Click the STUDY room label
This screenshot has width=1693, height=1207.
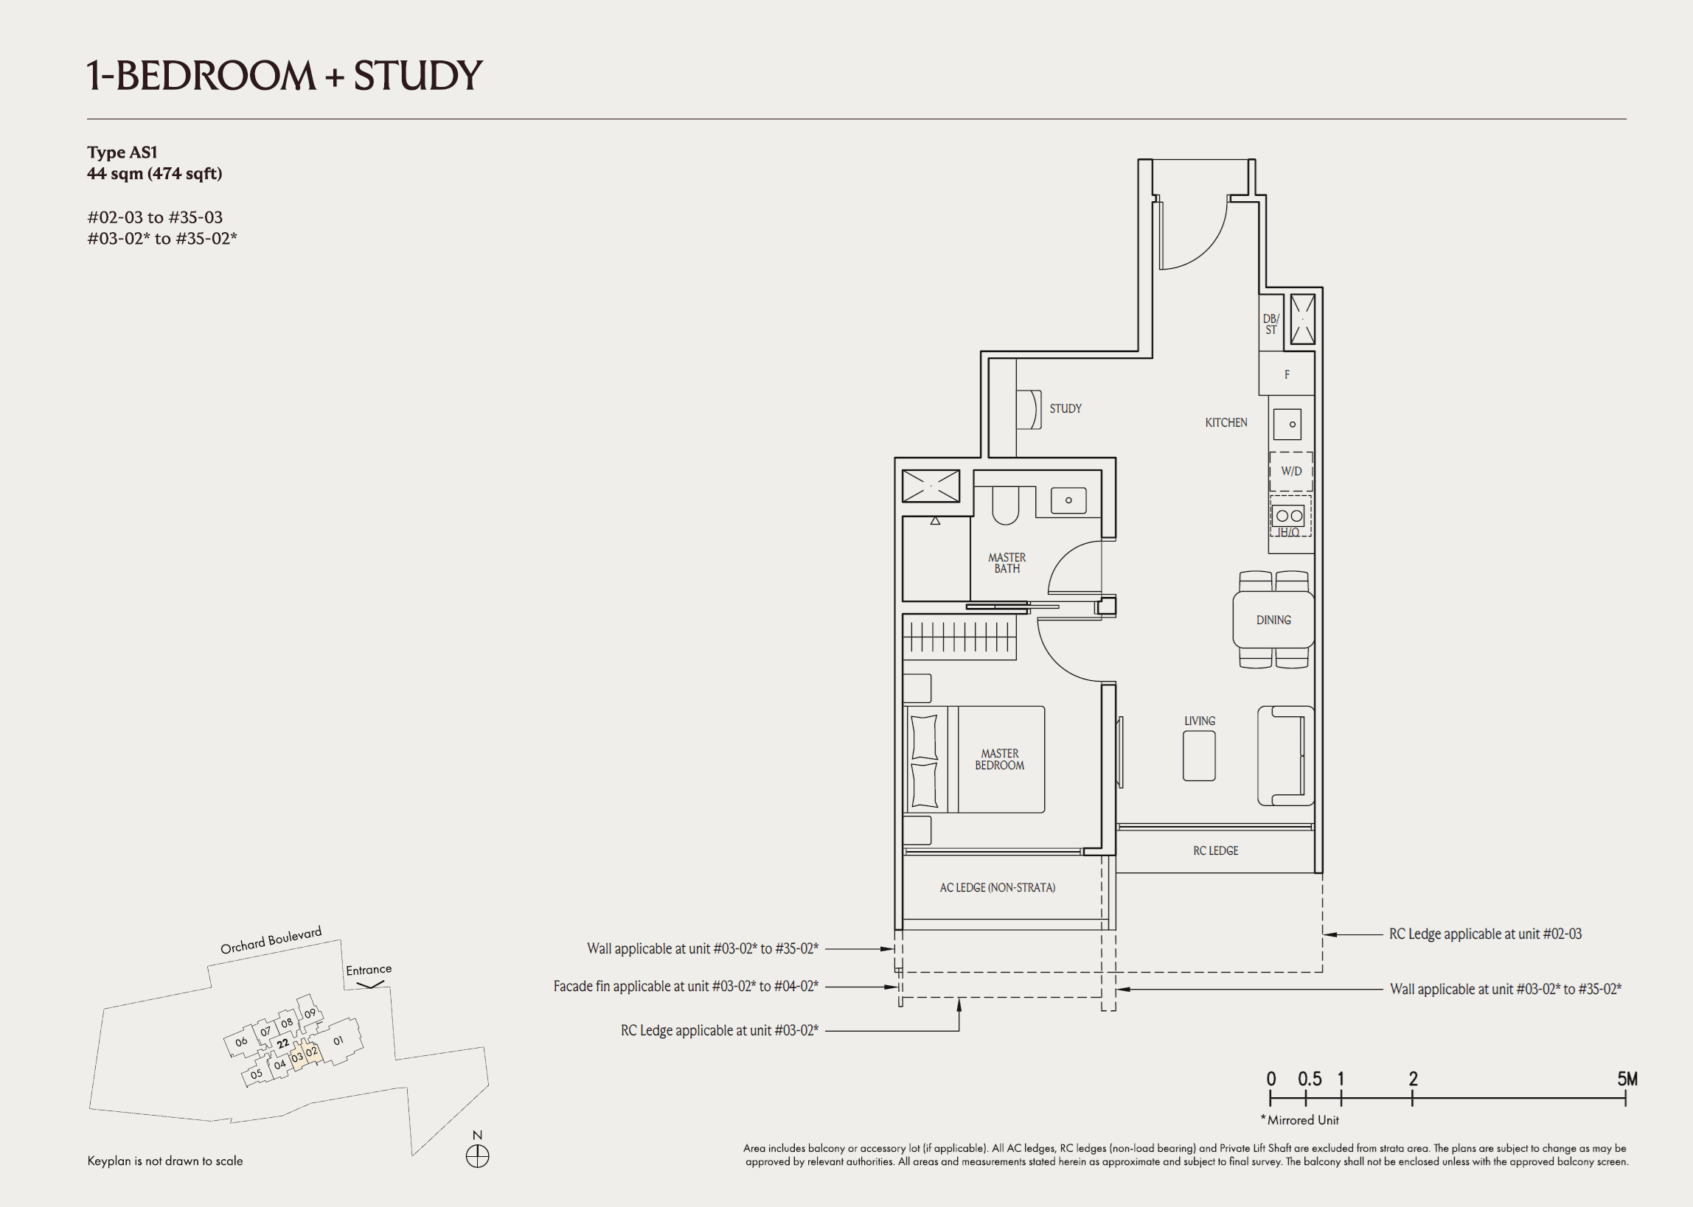1065,409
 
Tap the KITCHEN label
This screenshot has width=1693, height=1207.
1226,422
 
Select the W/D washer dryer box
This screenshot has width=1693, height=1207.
1290,471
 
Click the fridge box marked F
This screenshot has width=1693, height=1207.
1286,374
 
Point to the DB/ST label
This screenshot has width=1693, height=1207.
1270,324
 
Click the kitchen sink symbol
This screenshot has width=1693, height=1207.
1287,424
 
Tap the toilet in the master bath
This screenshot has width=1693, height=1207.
1004,505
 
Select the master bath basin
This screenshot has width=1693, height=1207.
1068,500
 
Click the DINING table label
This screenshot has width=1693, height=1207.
1273,620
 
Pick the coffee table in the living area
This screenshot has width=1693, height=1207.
1198,756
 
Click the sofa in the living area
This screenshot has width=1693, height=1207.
1284,756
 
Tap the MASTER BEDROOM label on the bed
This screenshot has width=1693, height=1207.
999,759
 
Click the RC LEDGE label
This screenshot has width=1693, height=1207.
1215,850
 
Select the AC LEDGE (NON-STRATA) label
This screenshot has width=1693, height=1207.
996,887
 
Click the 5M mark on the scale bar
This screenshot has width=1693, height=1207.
1626,1080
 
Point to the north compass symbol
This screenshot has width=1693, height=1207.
477,1156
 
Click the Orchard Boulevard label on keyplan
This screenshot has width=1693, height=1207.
271,940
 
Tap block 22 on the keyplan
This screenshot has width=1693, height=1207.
282,1043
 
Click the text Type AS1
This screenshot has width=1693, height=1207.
122,153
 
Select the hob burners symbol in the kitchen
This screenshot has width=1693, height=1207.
1288,516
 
